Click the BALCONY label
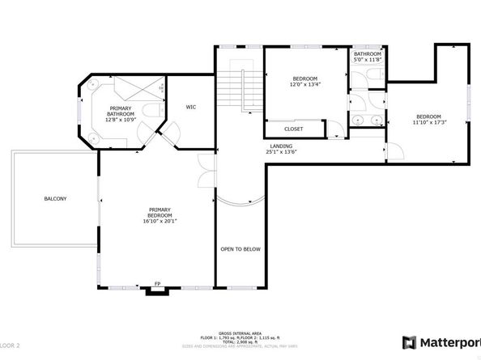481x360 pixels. [x=55, y=198]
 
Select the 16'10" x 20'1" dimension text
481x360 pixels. [x=160, y=221]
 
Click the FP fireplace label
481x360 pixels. [x=158, y=284]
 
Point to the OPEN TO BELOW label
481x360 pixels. [x=240, y=249]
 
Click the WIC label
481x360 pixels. [x=191, y=107]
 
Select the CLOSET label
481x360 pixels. [x=294, y=129]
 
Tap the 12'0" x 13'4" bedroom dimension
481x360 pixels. [x=305, y=83]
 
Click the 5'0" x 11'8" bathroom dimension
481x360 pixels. [x=367, y=59]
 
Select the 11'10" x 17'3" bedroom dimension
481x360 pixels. [x=428, y=121]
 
